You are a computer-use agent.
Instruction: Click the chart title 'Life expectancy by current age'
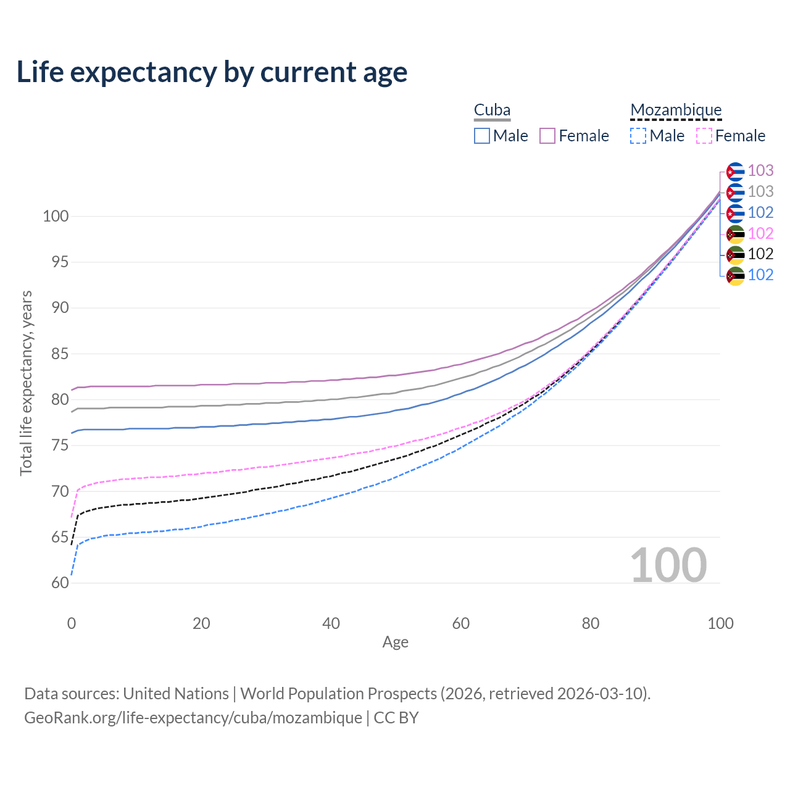[212, 72]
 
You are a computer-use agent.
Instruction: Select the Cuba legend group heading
[492, 110]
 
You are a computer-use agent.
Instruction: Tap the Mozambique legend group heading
[676, 110]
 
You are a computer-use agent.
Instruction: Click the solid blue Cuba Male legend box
[482, 136]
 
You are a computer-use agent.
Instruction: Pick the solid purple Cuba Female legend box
[547, 136]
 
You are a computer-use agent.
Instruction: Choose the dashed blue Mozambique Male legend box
[638, 136]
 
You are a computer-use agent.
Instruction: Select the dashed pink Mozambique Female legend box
[704, 136]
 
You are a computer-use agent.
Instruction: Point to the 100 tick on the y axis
[56, 217]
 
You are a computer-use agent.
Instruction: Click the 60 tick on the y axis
[60, 583]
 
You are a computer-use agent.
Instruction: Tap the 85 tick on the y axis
[60, 354]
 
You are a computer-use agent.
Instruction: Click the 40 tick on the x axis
[331, 623]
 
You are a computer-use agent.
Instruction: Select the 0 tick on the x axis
[72, 623]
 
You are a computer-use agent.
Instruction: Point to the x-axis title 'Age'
[396, 642]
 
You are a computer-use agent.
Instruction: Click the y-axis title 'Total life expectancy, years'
[26, 383]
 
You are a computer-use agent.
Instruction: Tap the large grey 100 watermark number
[668, 565]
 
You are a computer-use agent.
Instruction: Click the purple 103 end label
[760, 170]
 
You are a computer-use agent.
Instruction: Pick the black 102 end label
[760, 254]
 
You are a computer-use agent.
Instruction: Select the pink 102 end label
[760, 233]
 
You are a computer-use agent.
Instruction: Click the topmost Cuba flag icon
[735, 171]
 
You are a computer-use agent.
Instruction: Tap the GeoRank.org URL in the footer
[193, 718]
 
